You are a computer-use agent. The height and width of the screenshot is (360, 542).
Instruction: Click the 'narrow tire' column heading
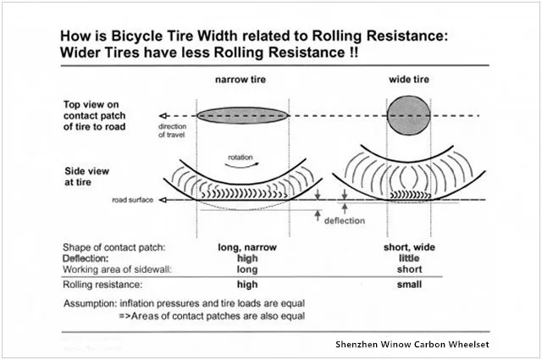pyautogui.click(x=241, y=80)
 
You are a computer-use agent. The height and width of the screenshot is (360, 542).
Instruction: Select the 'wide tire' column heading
pyautogui.click(x=409, y=80)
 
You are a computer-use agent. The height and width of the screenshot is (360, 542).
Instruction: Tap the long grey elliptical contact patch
pyautogui.click(x=243, y=115)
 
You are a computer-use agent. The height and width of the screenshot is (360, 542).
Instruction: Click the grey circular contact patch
pyautogui.click(x=408, y=115)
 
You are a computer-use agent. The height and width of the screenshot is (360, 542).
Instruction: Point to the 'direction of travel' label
pyautogui.click(x=172, y=130)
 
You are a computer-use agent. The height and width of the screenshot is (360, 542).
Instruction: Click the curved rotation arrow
pyautogui.click(x=241, y=165)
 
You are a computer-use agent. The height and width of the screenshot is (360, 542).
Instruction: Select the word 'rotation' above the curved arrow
pyautogui.click(x=241, y=157)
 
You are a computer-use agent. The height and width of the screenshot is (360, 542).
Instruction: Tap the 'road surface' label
pyautogui.click(x=132, y=200)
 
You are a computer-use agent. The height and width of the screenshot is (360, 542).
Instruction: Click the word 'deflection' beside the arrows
pyautogui.click(x=345, y=220)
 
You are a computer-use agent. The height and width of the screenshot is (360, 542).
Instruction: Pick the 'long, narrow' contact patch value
pyautogui.click(x=247, y=247)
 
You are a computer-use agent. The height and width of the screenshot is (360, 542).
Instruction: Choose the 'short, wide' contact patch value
pyautogui.click(x=409, y=247)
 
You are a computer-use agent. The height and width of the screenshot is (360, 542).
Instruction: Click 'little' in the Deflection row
pyautogui.click(x=409, y=258)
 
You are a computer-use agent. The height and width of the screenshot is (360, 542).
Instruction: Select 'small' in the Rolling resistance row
pyautogui.click(x=409, y=285)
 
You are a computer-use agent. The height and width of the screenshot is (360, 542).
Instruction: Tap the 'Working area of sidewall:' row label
pyautogui.click(x=117, y=269)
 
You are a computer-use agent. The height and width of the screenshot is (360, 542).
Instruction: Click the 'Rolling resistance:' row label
pyautogui.click(x=102, y=285)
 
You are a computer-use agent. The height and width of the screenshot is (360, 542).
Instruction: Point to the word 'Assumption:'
pyautogui.click(x=91, y=303)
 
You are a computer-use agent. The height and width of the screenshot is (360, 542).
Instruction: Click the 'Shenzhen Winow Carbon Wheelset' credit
pyautogui.click(x=412, y=344)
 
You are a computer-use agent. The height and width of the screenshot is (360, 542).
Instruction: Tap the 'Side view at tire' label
pyautogui.click(x=86, y=176)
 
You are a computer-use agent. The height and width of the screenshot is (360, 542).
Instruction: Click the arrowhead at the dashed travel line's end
pyautogui.click(x=163, y=115)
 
